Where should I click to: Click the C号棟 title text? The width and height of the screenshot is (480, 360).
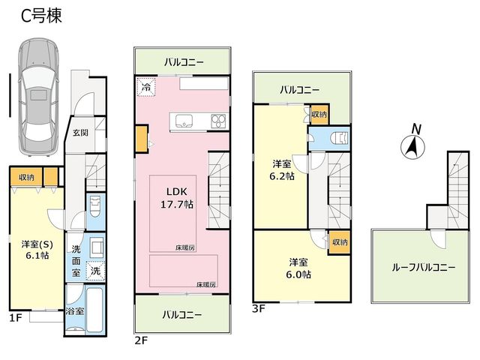[41, 16]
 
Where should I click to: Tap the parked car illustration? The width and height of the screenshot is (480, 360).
[38, 97]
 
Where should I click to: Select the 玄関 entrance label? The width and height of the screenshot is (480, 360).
[80, 132]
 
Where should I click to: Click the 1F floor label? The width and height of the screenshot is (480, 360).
[16, 318]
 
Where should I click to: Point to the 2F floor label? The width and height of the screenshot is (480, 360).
[141, 340]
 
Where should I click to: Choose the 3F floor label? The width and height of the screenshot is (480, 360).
[259, 308]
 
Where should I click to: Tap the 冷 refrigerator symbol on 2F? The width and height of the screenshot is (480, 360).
[146, 87]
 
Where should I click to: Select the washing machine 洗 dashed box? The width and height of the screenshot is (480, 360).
[95, 271]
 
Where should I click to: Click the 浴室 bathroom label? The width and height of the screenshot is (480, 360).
[74, 311]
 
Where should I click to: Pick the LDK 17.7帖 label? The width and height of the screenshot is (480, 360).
[177, 198]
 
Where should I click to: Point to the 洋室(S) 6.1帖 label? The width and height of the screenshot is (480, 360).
[37, 250]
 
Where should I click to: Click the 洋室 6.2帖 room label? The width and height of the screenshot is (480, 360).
[282, 170]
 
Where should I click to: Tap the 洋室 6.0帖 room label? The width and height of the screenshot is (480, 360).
[298, 268]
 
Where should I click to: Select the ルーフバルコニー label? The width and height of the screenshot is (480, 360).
[424, 267]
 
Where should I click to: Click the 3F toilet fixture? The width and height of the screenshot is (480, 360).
[340, 138]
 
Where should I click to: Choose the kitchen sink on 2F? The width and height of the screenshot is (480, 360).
[184, 121]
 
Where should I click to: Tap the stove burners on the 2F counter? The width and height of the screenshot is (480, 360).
[218, 121]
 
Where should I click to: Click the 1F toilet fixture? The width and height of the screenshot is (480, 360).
[95, 206]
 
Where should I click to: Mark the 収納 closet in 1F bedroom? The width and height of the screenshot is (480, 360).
[26, 177]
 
